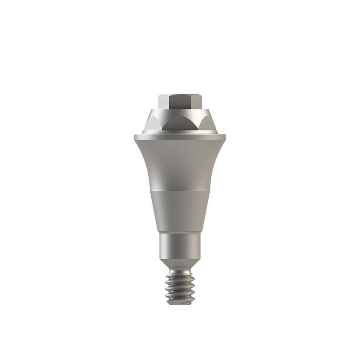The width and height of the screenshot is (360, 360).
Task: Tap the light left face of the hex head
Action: (x=163, y=101)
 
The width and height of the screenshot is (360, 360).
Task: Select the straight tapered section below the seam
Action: (x=180, y=211)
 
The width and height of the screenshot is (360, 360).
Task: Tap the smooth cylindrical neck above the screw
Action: (x=180, y=247)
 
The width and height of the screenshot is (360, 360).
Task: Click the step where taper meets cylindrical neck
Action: (x=180, y=233)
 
